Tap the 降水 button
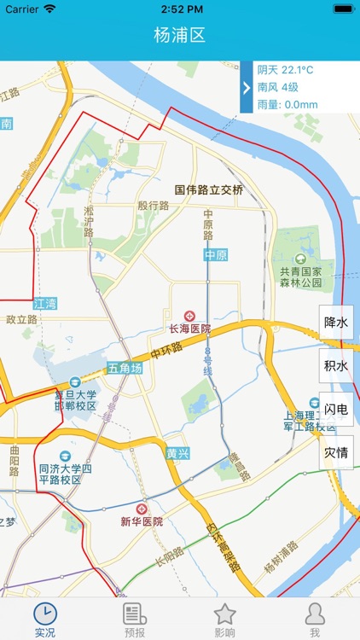coord(336,323)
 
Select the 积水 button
coord(336,366)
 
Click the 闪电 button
coord(336,409)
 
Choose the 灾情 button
coord(336,452)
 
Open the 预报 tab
coord(135,620)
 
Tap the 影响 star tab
coord(224,620)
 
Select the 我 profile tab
coord(315,620)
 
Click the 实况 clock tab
coord(45,620)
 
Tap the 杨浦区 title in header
coord(180,36)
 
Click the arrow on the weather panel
coord(247,87)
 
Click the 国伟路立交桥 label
coord(209,190)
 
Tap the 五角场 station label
coord(124,369)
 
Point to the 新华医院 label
coord(142,521)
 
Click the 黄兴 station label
coord(178,453)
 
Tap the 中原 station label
coord(216,255)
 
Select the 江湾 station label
coord(45,304)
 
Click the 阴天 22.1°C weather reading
coord(286,70)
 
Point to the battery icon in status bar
coord(343,9)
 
